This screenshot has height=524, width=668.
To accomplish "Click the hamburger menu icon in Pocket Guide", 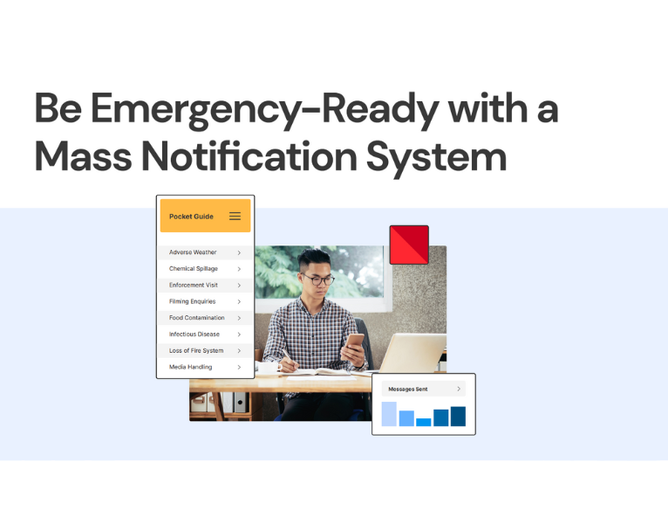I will point(235,216).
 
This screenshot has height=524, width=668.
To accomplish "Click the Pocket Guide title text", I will point(191,216).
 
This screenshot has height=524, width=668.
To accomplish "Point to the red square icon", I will point(409,245).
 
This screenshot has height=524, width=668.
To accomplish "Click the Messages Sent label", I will point(407,389).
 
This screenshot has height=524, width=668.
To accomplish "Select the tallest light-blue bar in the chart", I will point(389,414).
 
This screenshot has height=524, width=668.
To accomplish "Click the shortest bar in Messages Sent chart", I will point(424,422).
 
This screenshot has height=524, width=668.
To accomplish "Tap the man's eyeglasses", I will point(318,279).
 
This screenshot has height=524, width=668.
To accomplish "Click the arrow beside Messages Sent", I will point(459,389).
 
